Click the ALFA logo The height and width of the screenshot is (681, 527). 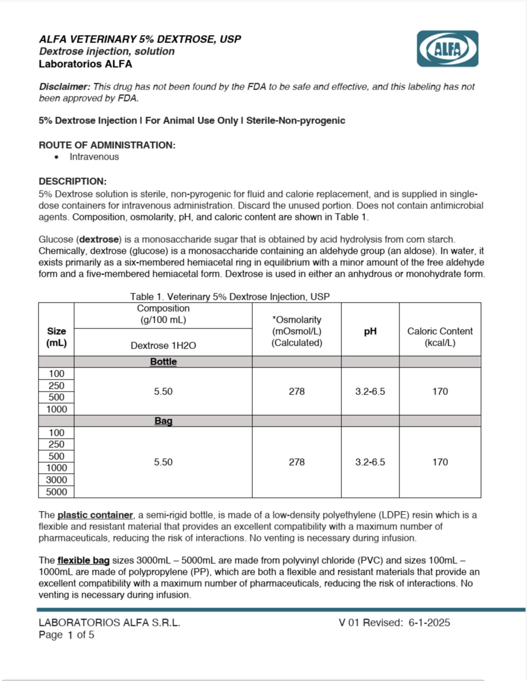click(x=447, y=49)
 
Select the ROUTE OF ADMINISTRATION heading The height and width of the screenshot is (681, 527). click(x=107, y=145)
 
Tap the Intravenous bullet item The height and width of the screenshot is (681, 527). click(x=94, y=157)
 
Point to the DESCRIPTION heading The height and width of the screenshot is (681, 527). click(x=72, y=181)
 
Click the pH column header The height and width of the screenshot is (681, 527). click(x=370, y=331)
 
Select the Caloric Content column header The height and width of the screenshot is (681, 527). click(x=440, y=336)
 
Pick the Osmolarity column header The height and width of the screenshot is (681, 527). click(x=297, y=331)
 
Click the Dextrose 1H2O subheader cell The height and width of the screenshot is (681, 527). click(x=163, y=346)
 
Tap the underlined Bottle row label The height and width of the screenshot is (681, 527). click(x=163, y=362)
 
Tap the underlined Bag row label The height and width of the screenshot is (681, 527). click(x=163, y=421)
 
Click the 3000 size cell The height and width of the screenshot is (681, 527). click(x=57, y=480)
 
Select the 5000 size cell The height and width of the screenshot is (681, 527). click(x=57, y=492)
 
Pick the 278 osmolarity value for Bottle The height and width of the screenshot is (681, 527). click(x=297, y=392)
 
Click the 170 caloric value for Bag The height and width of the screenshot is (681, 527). click(x=440, y=462)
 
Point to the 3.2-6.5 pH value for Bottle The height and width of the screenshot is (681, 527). click(x=370, y=392)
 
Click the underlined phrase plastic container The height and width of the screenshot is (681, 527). click(x=95, y=515)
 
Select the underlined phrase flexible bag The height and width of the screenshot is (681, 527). click(x=83, y=560)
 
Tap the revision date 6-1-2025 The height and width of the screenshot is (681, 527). click(x=429, y=623)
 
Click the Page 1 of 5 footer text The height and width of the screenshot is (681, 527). click(x=67, y=635)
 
